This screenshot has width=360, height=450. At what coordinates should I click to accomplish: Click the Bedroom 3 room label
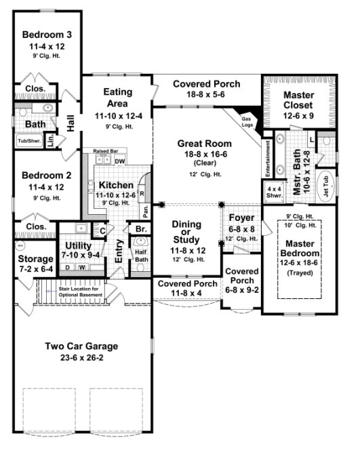tap(47, 35)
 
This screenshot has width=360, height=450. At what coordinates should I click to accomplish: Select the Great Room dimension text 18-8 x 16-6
tap(204, 155)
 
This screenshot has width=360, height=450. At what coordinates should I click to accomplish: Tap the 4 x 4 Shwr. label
tap(275, 191)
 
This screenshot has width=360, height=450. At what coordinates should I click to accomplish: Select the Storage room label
tap(35, 259)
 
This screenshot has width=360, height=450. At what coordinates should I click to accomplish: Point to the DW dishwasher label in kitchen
tap(119, 161)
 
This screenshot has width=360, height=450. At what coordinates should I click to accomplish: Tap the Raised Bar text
tap(105, 152)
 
